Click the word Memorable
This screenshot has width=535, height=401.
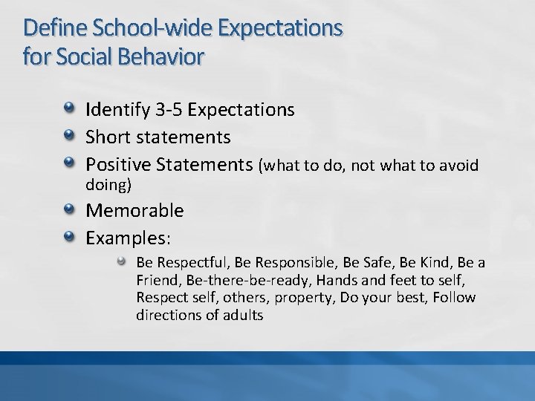pyautogui.click(x=134, y=211)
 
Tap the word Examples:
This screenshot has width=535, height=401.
pyautogui.click(x=129, y=238)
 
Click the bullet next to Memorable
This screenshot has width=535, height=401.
pyautogui.click(x=69, y=210)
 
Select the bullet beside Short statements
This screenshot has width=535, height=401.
pyautogui.click(x=69, y=137)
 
